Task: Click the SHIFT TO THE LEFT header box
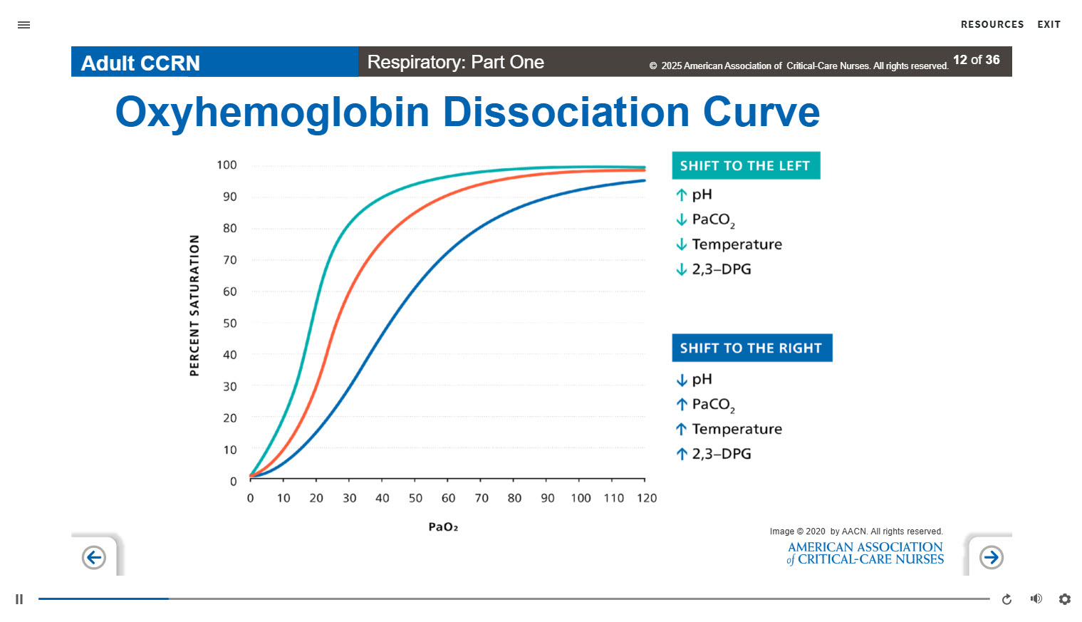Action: tap(745, 165)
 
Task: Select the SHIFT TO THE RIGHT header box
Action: tap(751, 348)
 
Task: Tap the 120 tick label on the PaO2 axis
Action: tap(647, 498)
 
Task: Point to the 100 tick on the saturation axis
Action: tap(227, 165)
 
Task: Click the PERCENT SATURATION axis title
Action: tap(194, 305)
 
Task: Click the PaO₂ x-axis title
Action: tap(443, 527)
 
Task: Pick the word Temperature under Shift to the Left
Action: tap(737, 244)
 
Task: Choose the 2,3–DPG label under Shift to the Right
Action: tap(722, 454)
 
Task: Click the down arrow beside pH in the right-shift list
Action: tap(682, 380)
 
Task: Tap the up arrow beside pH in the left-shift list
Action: tap(682, 195)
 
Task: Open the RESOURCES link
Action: tap(992, 24)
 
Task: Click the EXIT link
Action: tap(1049, 24)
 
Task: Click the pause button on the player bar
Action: tap(19, 599)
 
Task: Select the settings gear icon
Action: tap(1064, 599)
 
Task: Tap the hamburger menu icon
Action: tap(24, 25)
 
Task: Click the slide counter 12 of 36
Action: tap(976, 60)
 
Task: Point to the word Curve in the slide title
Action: tap(761, 113)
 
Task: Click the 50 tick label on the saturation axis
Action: tap(229, 323)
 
